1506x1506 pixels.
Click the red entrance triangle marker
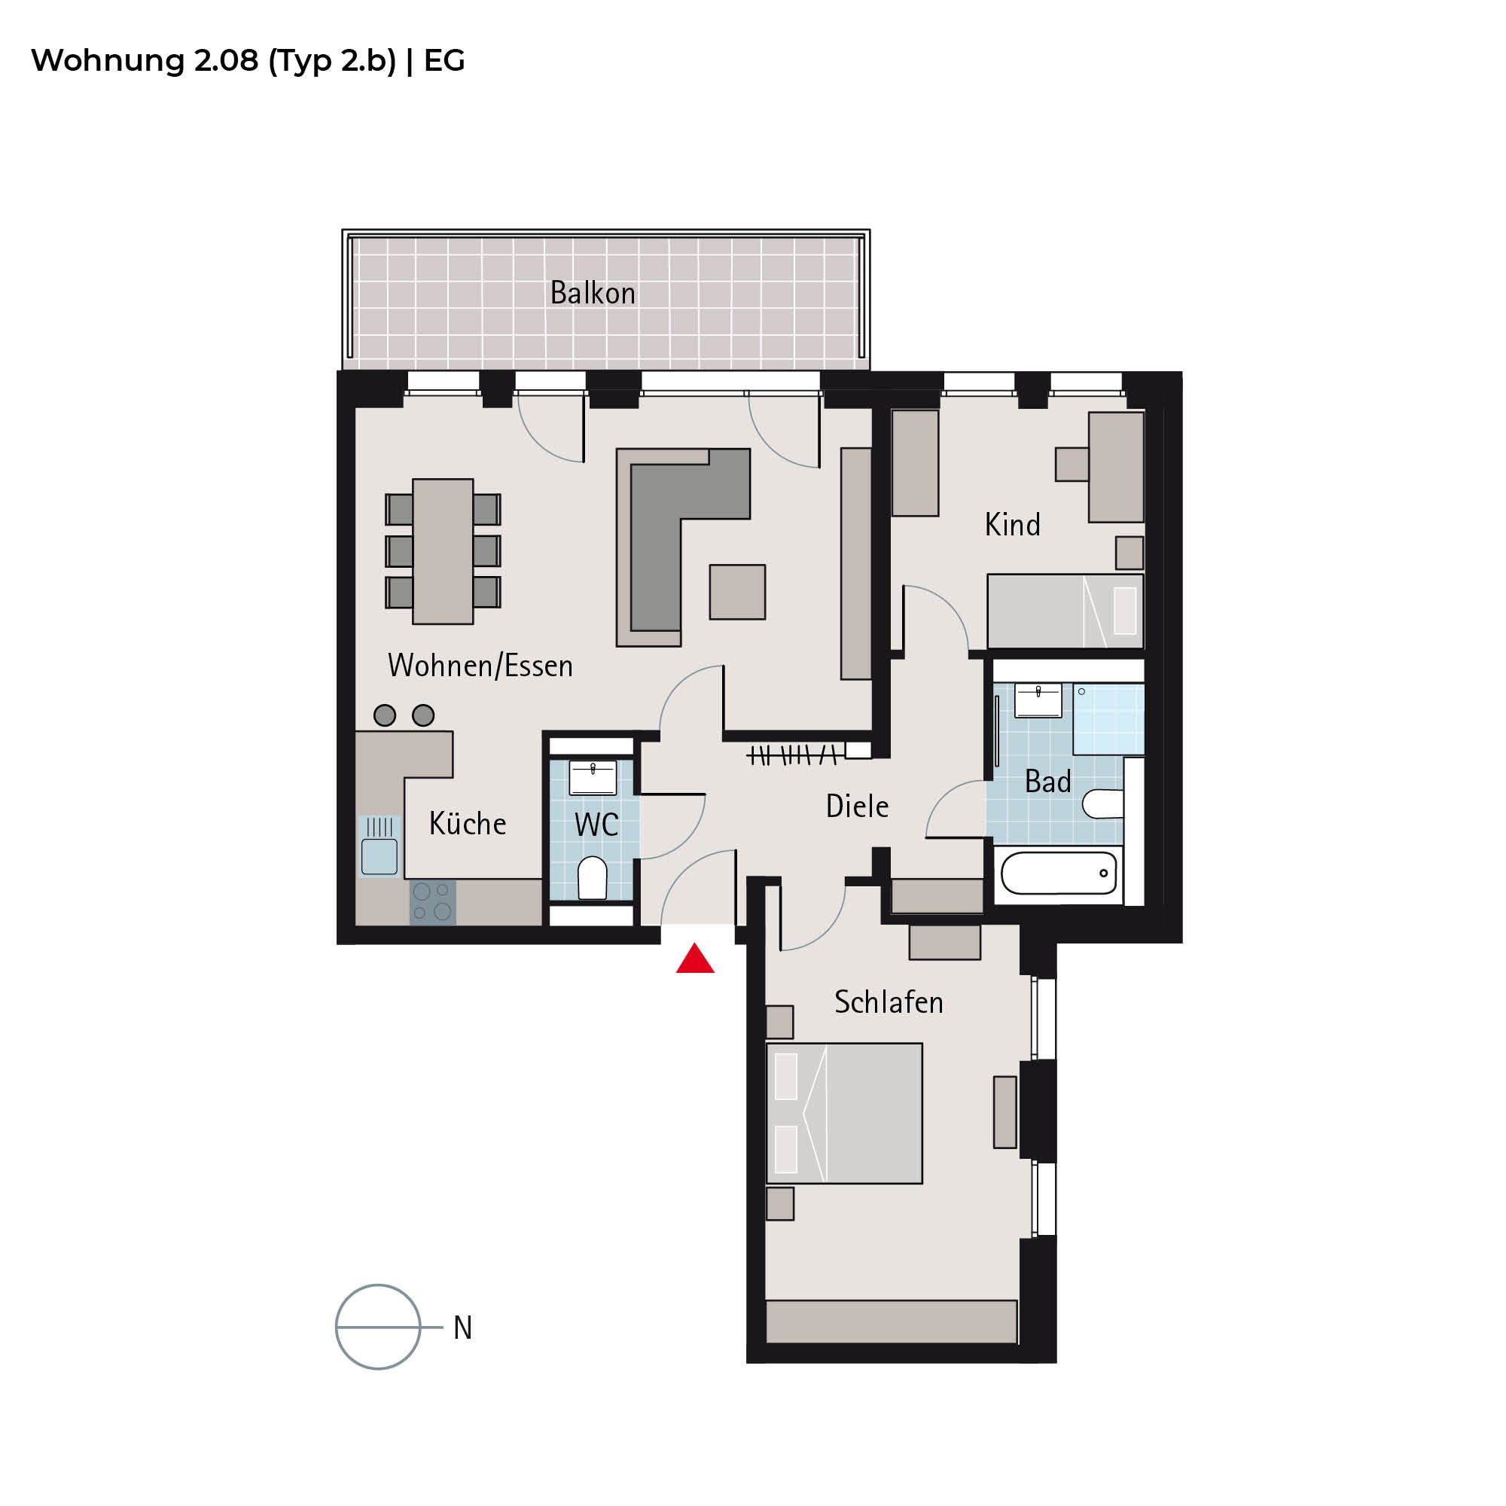(694, 960)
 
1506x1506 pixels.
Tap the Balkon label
(593, 293)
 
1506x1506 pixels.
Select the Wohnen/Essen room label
(480, 666)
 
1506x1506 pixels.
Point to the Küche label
(468, 823)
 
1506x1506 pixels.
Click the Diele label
(858, 806)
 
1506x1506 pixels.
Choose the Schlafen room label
(889, 1002)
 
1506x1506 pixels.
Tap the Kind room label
(1013, 525)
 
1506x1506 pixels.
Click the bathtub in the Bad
(1059, 873)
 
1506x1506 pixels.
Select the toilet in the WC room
(593, 878)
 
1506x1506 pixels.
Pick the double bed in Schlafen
(844, 1113)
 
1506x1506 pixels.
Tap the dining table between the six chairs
(443, 551)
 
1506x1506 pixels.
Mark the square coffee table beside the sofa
(737, 592)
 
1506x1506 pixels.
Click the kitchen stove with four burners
(433, 902)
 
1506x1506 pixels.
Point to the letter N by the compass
(463, 1328)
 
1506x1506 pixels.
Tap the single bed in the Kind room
(1065, 611)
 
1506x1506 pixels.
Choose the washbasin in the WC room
(593, 777)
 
